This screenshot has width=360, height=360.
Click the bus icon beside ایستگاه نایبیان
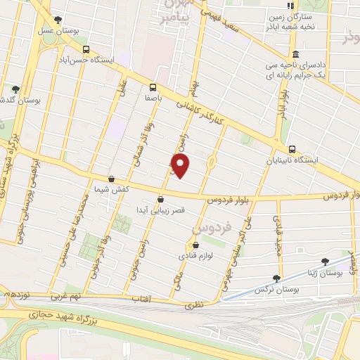292,149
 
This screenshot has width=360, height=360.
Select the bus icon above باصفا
153,88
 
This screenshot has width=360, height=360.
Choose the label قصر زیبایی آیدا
162,210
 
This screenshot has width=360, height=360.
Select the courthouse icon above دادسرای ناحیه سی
295,55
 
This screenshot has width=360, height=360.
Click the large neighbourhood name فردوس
210,229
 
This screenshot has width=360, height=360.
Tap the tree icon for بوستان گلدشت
15,89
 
